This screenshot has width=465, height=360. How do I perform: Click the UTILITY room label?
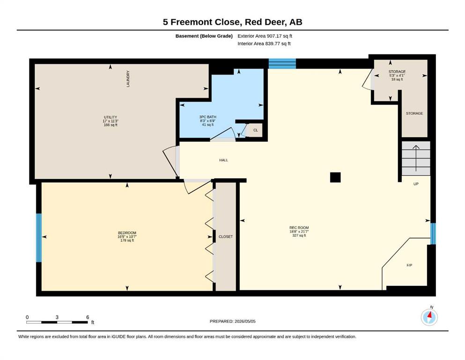(x=111, y=117)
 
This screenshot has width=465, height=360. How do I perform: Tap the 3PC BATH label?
(x=207, y=117)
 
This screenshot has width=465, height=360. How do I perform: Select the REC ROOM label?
(x=299, y=228)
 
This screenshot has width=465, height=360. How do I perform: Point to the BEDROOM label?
(x=127, y=232)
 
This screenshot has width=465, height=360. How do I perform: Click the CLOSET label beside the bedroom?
(x=226, y=237)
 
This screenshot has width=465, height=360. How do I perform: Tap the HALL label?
(x=224, y=160)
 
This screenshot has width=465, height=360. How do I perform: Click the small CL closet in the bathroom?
(x=255, y=130)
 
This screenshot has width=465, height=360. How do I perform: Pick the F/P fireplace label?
(x=409, y=265)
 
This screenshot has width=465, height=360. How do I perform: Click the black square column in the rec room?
(x=335, y=177)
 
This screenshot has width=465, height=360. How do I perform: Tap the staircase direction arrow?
(x=416, y=158)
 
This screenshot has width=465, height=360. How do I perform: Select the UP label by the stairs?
(x=416, y=184)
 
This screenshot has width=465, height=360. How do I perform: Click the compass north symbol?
(x=429, y=317)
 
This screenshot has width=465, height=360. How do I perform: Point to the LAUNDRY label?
(x=128, y=79)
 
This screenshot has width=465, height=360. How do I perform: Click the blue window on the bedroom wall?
(x=39, y=238)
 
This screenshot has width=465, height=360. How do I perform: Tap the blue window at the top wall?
(x=282, y=63)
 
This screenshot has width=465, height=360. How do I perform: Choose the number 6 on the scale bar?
(x=88, y=317)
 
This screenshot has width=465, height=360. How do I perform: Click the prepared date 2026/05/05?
(x=245, y=321)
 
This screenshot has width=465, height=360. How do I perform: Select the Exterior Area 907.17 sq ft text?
(x=265, y=36)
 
